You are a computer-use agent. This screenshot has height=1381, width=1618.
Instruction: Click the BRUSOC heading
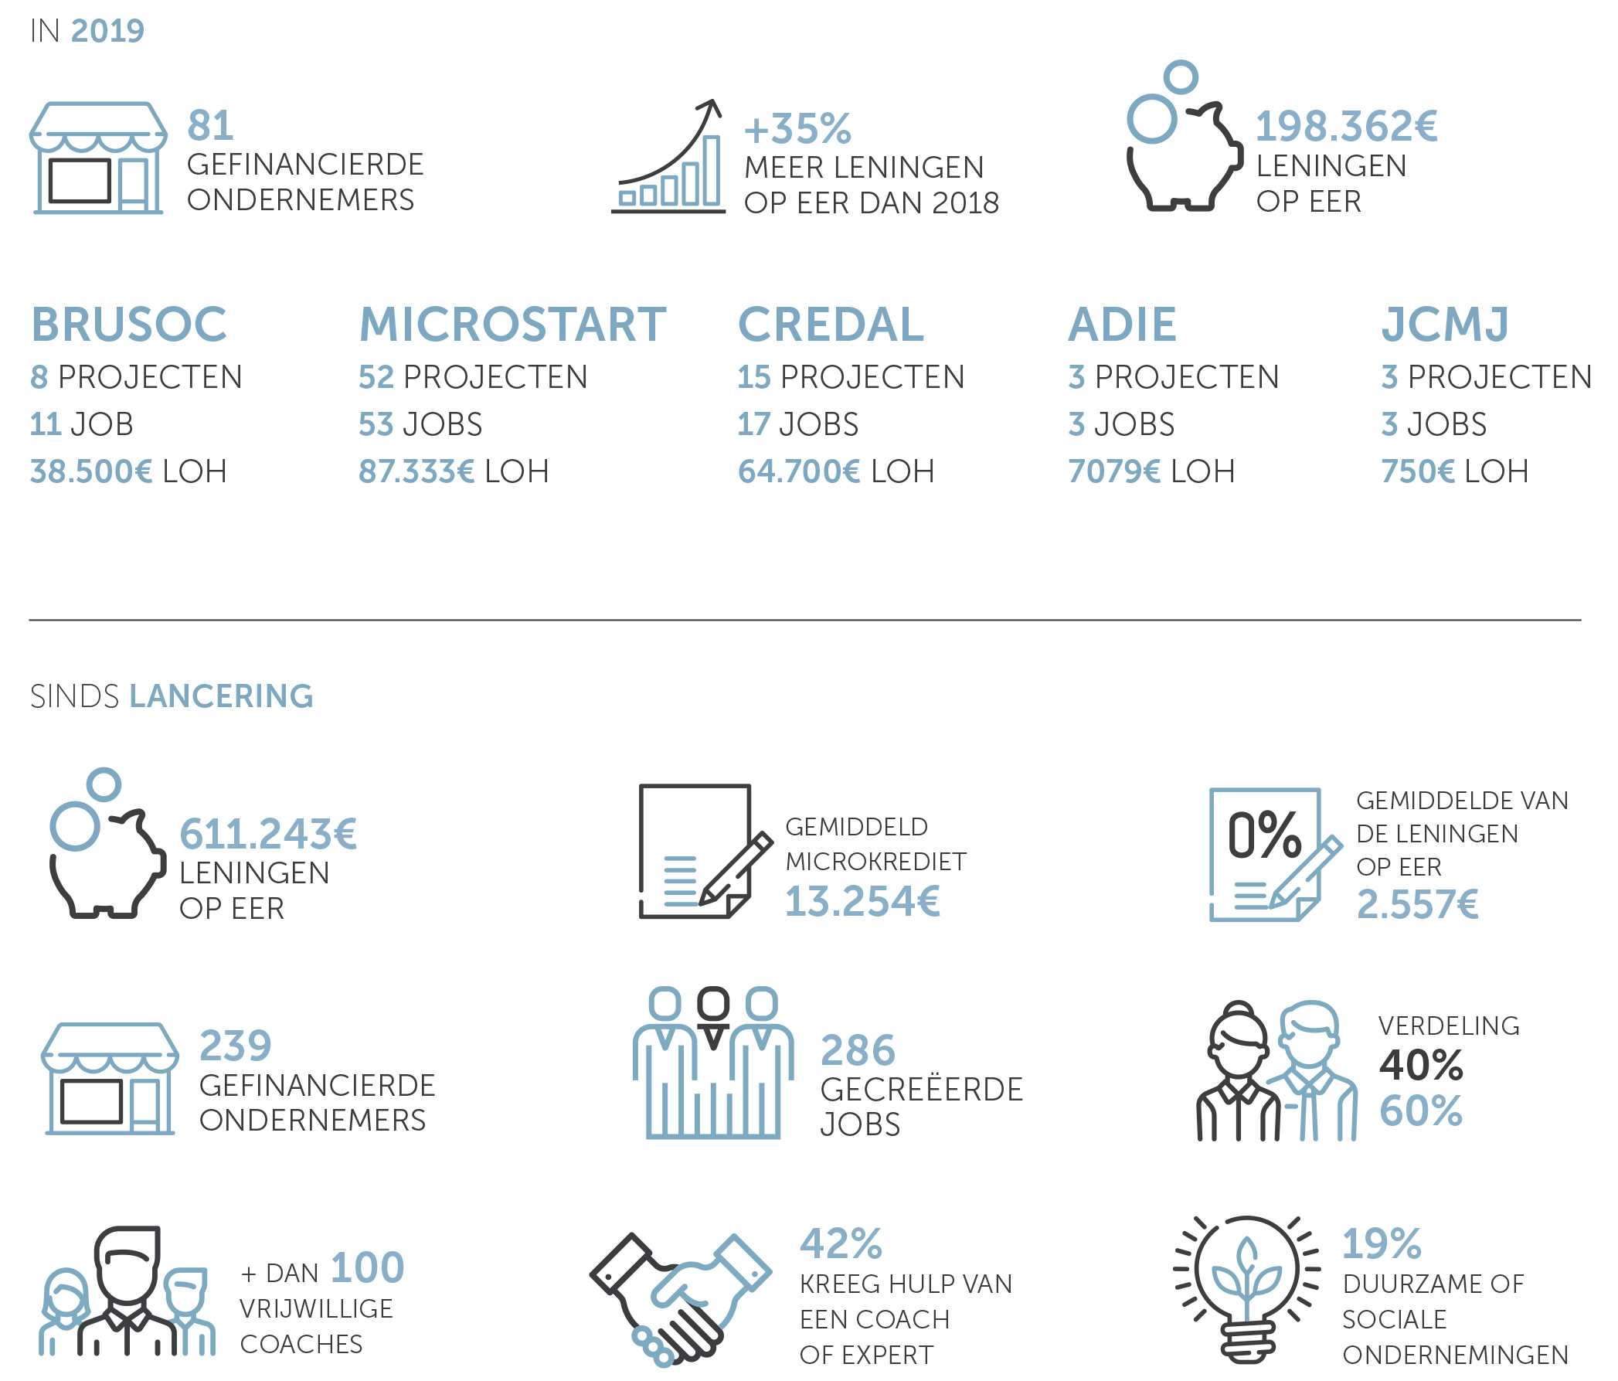pos(129,324)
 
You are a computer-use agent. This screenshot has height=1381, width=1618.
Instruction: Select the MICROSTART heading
pos(512,324)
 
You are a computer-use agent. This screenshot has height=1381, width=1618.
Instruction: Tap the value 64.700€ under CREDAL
pos(799,471)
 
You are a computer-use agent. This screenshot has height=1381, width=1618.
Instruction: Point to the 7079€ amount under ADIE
pos(1114,471)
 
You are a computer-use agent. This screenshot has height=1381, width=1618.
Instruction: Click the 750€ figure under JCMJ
pos(1418,471)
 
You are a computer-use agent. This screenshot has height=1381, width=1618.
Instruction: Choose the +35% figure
pos(797,129)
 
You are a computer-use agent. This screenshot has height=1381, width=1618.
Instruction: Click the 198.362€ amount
pos(1346,127)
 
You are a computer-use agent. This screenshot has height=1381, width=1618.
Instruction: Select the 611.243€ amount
pos(268,834)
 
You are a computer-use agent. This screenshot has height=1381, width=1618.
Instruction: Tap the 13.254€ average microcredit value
pos(862,901)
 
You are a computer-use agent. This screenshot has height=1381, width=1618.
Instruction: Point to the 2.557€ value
pos(1417,904)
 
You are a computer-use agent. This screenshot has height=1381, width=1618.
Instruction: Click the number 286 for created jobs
pos(858,1050)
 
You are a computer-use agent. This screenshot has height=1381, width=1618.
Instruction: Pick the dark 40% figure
pos(1421,1065)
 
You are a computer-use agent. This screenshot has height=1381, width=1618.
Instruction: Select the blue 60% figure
pos(1421,1111)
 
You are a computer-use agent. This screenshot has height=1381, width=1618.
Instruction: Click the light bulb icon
pos(1247,1289)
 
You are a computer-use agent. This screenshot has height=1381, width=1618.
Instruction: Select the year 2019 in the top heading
pos(107,31)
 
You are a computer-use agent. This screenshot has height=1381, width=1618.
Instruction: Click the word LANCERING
pos(221,696)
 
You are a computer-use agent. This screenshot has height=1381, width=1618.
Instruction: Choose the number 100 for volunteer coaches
pos(367,1267)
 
